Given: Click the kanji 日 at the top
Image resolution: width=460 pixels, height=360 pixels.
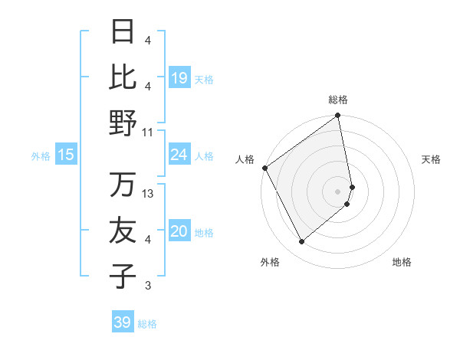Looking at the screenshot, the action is (123, 31).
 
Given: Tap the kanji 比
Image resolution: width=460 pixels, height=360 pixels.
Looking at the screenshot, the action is (123, 77).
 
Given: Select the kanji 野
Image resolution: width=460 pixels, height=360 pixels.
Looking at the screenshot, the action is (123, 123).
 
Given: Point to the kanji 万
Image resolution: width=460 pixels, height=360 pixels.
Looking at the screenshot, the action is (123, 185).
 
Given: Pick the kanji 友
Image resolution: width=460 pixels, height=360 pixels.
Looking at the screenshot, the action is (123, 231).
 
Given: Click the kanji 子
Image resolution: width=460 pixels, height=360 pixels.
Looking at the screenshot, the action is (123, 276).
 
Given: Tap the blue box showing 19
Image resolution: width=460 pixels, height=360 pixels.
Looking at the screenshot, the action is (179, 78).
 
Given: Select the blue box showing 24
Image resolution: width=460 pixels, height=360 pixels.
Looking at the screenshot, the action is (179, 155).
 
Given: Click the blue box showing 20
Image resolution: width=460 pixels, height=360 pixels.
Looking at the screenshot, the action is (179, 232).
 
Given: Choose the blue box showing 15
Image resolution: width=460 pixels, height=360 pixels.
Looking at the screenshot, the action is (66, 155).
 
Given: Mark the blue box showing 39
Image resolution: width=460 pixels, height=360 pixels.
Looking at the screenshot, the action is (122, 322).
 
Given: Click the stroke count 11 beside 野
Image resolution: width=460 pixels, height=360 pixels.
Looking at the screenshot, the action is (148, 132).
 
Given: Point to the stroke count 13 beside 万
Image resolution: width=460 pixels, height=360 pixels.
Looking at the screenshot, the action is (148, 194).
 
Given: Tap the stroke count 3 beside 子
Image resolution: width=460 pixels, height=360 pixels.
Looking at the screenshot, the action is (148, 286).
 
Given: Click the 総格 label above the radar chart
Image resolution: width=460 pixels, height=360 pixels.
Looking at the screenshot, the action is (338, 100).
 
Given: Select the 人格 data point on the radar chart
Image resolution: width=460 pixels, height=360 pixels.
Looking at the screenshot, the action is (264, 168).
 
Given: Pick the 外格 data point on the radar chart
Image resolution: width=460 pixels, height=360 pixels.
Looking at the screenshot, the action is (301, 241).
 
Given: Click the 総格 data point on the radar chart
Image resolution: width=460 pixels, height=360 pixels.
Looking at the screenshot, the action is (338, 117).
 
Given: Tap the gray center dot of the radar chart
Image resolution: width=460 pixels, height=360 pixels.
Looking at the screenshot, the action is (338, 191).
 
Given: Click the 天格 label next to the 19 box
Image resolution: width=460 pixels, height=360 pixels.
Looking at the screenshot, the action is (203, 79).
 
